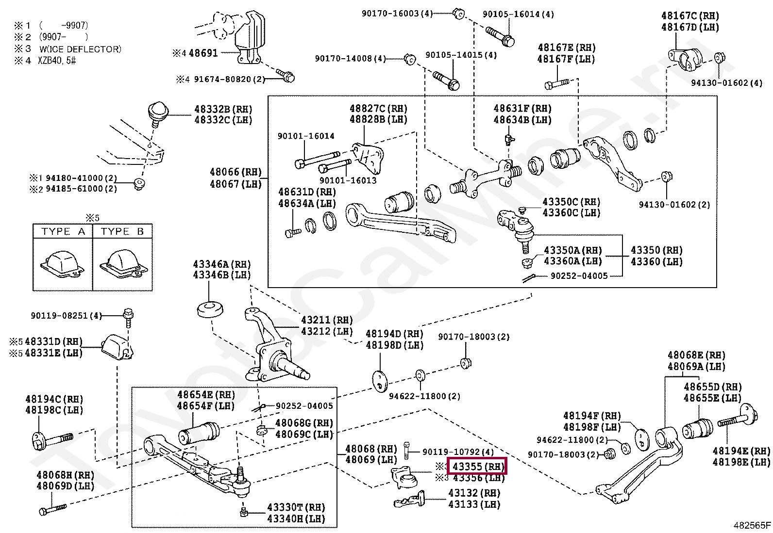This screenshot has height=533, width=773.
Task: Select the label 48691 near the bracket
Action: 203,53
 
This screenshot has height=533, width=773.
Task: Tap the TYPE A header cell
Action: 63,231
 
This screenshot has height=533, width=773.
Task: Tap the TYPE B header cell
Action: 122,231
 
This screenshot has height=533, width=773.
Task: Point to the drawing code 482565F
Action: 751,525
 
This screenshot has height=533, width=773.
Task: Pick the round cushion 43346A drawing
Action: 210,309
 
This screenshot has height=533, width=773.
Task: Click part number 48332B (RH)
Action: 223,109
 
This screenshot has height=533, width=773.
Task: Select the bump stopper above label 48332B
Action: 157,111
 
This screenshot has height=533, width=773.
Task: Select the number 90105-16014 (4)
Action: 518,15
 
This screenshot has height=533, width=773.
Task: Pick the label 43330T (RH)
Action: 296,507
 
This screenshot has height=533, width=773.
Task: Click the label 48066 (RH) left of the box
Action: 235,172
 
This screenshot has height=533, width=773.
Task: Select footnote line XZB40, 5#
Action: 58,61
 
